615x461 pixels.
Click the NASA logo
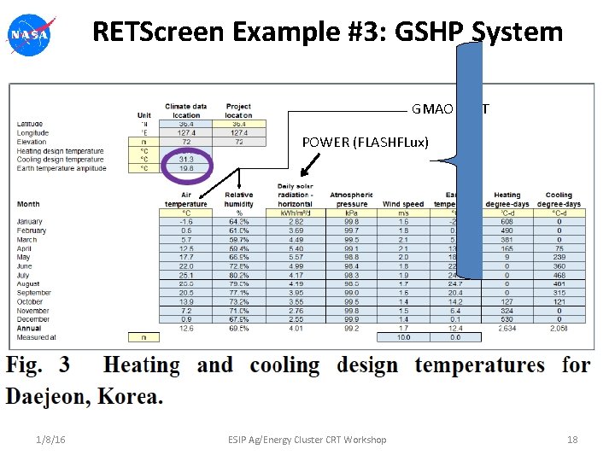click(29, 35)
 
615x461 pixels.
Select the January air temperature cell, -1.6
click(186, 222)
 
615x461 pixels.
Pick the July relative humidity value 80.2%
click(239, 276)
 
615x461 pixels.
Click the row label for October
click(29, 302)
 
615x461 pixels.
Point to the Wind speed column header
click(403, 204)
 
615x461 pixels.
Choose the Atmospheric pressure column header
click(351, 199)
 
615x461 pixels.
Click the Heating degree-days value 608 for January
click(507, 222)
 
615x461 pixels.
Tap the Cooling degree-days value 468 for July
click(559, 276)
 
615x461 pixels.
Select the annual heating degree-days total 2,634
click(507, 329)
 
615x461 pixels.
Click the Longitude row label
click(33, 132)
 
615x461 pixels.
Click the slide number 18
click(572, 440)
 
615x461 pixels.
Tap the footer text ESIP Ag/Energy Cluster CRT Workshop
click(307, 440)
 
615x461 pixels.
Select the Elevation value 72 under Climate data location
click(186, 141)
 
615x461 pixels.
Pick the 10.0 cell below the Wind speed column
click(403, 337)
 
